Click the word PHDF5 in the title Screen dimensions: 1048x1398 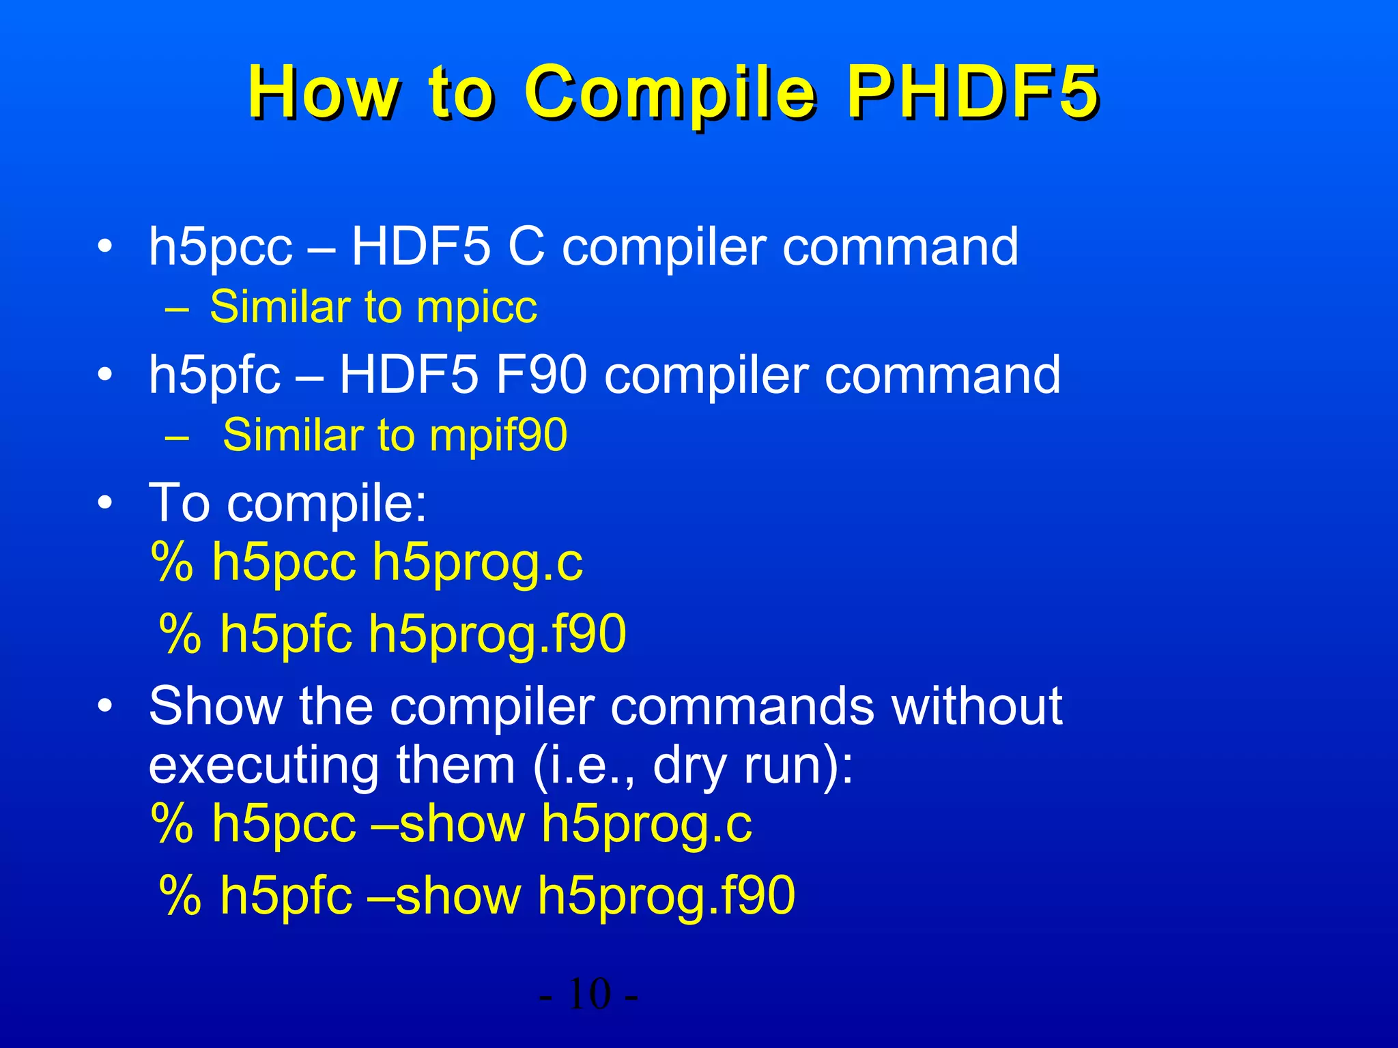pyautogui.click(x=972, y=92)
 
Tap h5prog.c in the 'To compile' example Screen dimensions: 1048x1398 pyautogui.click(x=477, y=563)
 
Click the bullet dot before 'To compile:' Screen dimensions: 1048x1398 pyautogui.click(x=104, y=504)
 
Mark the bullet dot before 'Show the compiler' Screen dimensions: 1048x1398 pyautogui.click(x=104, y=706)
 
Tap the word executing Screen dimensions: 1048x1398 pyautogui.click(x=263, y=766)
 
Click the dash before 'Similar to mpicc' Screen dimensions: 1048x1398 pyautogui.click(x=176, y=308)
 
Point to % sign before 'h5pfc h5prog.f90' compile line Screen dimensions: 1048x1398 pyautogui.click(x=180, y=635)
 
